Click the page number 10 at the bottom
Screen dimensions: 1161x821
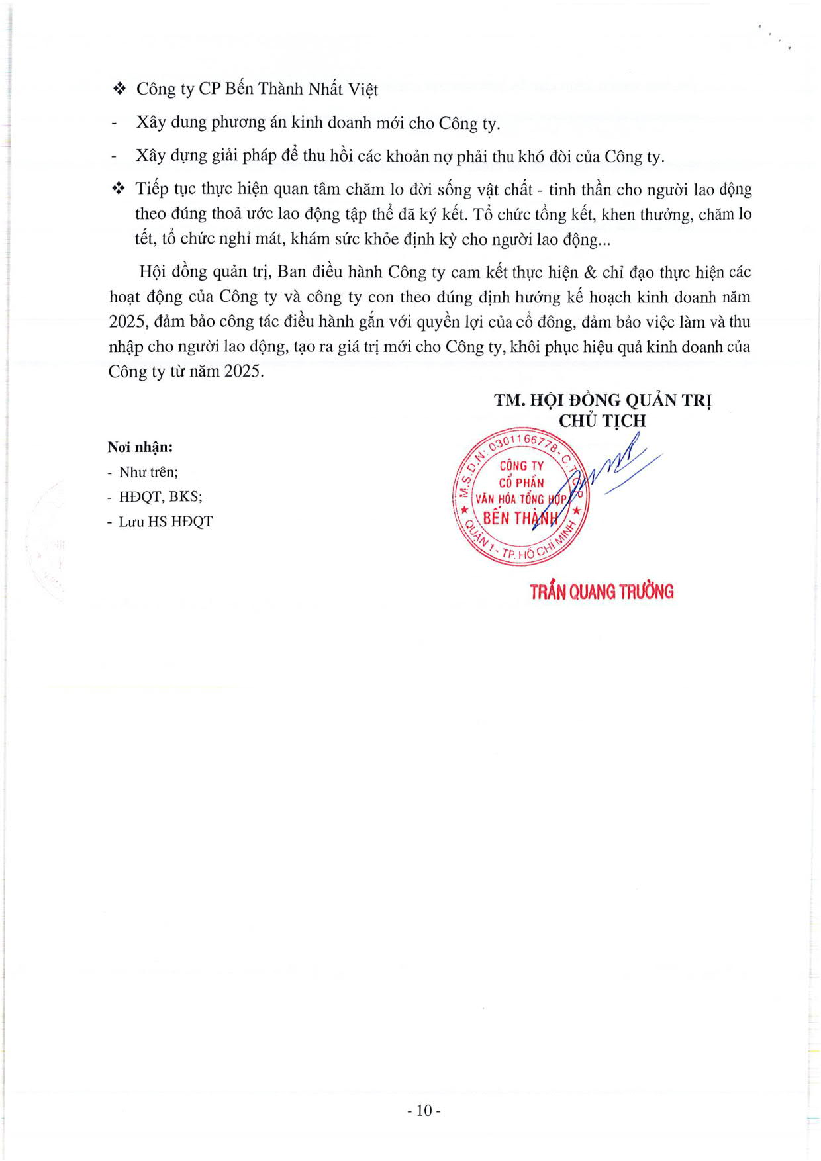424,1110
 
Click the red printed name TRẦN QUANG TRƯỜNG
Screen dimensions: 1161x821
601,592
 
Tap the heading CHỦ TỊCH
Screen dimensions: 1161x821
602,421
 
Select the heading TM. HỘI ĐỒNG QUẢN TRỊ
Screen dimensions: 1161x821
603,400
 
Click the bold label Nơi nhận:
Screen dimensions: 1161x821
140,447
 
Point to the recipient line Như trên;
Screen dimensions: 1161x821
148,472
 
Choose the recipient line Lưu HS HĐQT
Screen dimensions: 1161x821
166,522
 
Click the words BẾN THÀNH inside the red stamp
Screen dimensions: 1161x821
521,518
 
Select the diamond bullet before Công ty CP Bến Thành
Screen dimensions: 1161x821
119,89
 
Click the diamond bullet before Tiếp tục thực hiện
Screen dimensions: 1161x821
119,189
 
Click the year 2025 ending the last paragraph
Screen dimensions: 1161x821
242,371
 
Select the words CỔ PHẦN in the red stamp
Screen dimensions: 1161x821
521,483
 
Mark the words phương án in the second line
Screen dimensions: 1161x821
247,123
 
